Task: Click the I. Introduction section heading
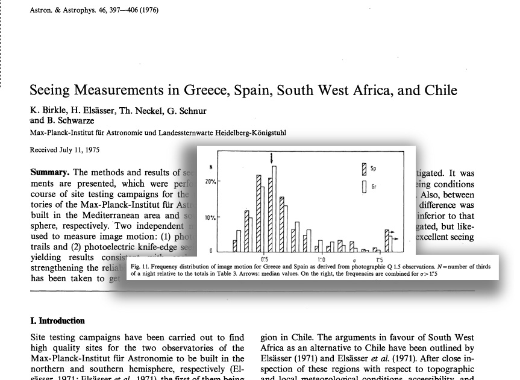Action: click(x=57, y=321)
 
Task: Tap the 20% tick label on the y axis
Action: click(x=210, y=181)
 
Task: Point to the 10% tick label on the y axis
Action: click(x=210, y=217)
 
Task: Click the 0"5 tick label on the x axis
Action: click(x=265, y=260)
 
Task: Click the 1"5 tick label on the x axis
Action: click(x=379, y=260)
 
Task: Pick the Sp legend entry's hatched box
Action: click(x=364, y=169)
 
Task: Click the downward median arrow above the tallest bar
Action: click(x=272, y=157)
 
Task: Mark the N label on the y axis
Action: click(x=210, y=166)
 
